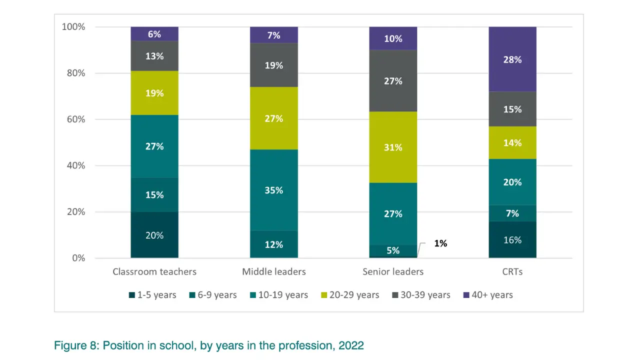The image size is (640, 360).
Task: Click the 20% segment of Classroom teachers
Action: tap(154, 235)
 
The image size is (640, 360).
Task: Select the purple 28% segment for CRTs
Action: tap(512, 59)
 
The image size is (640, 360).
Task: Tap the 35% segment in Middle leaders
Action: tap(274, 190)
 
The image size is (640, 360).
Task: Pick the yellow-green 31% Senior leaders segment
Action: tap(393, 147)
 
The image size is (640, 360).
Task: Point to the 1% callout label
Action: tap(440, 243)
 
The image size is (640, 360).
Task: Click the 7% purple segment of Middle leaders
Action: tap(274, 35)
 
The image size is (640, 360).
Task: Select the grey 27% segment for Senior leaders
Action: tap(393, 81)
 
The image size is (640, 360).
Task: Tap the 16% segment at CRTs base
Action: tap(512, 240)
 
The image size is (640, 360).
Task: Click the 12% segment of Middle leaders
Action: tap(274, 244)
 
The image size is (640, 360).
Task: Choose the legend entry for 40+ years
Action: tap(488, 295)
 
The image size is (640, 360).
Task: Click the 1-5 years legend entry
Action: tap(152, 295)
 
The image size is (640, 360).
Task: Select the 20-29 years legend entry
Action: tap(349, 295)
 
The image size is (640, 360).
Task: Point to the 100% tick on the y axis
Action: tap(73, 26)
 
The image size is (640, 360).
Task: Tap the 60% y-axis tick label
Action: tap(75, 119)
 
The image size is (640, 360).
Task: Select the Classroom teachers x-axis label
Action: tap(154, 271)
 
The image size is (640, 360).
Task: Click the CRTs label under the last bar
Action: tap(512, 271)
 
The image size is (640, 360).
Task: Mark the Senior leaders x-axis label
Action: tap(393, 271)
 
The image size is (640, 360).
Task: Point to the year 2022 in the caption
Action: tap(351, 345)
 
